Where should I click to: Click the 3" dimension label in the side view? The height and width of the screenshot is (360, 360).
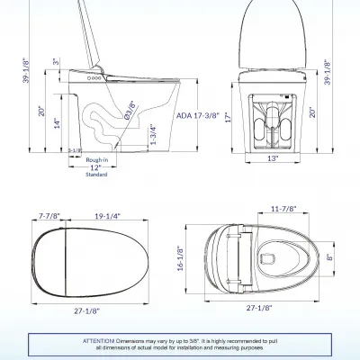tap(57, 62)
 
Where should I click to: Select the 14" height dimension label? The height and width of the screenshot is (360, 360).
tap(56, 121)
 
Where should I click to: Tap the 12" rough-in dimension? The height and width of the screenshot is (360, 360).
tap(95, 167)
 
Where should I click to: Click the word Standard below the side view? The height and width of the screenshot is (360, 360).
tap(95, 175)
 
